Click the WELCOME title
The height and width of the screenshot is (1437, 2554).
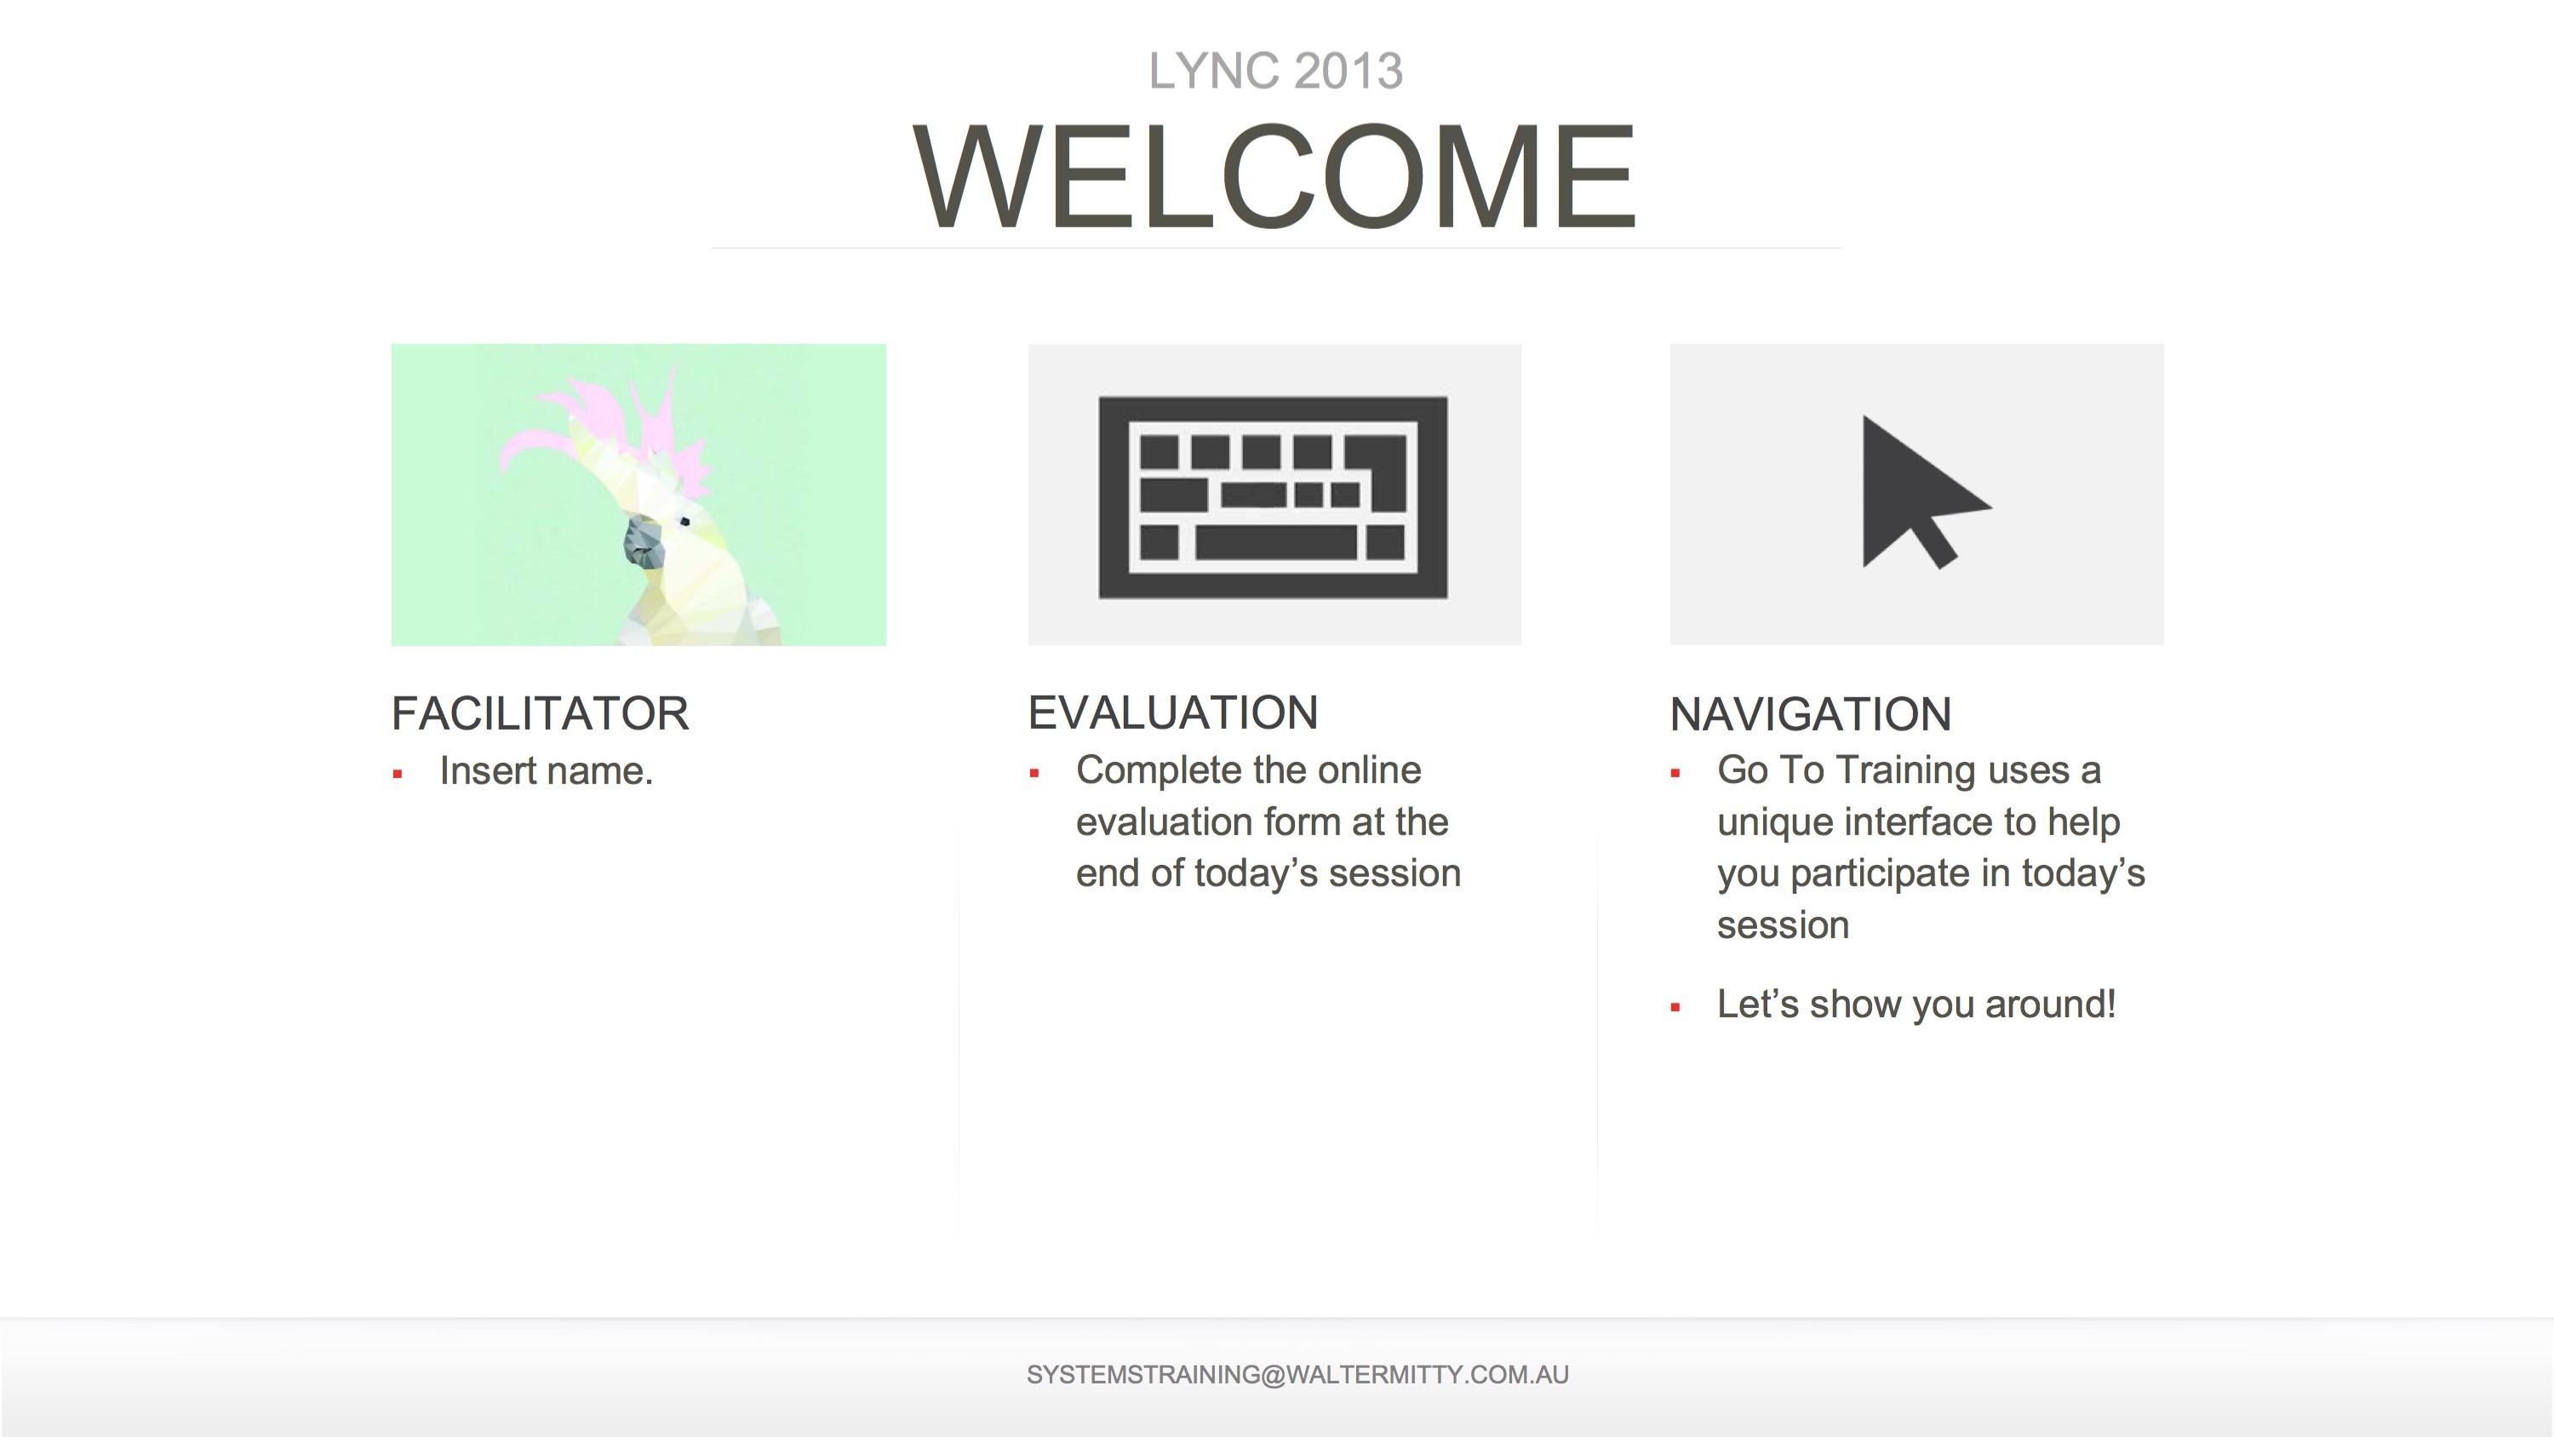point(1275,176)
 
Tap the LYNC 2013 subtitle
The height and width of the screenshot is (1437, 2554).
point(1276,72)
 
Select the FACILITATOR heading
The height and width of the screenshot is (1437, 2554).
point(541,714)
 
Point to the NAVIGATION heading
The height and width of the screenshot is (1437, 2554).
point(1811,714)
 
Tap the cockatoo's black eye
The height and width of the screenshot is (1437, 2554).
point(684,522)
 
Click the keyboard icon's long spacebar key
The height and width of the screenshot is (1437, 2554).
point(1276,542)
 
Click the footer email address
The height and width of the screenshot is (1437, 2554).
point(1297,1376)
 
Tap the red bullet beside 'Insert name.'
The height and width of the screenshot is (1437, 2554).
point(398,775)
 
